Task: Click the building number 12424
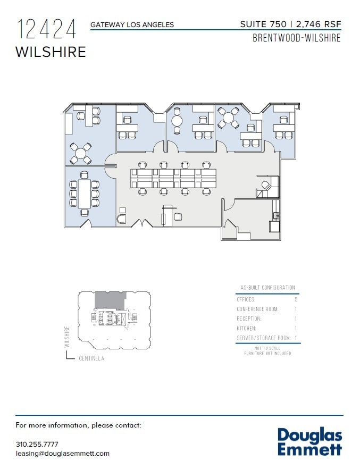tap(47, 29)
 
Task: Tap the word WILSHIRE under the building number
tap(51, 52)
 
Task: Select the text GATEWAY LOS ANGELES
tap(132, 24)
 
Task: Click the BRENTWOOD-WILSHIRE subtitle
tap(296, 38)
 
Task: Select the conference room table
tap(85, 194)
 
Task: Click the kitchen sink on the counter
tap(275, 215)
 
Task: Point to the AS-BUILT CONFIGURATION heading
tap(267, 288)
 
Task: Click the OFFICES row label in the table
tap(246, 300)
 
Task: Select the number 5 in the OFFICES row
tap(296, 300)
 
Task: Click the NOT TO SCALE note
tap(267, 348)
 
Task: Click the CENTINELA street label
tap(91, 358)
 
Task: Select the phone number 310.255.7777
tap(37, 444)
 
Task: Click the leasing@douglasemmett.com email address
tap(63, 453)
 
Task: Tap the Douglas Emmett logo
tap(309, 442)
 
